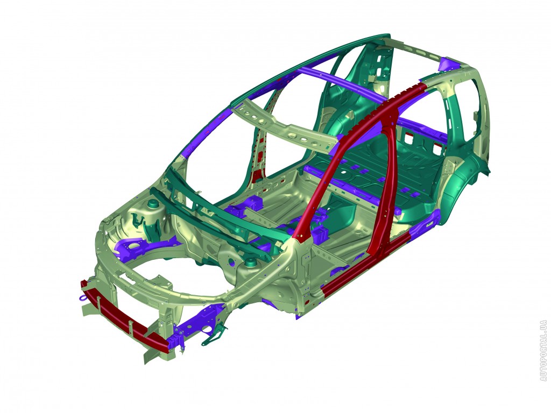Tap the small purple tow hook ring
pos(83,298)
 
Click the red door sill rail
pos(365,264)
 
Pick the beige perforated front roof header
pos(285,126)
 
